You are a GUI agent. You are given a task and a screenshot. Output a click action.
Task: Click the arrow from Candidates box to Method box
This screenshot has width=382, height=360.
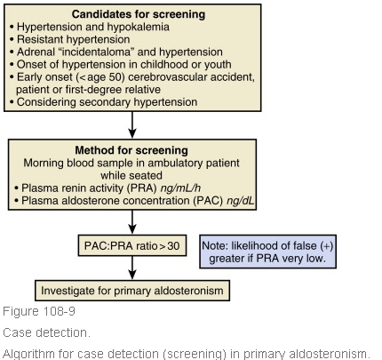pyautogui.click(x=131, y=124)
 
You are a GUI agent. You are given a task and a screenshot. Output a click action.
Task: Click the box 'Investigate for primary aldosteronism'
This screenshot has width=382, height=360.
pyautogui.click(x=131, y=291)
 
